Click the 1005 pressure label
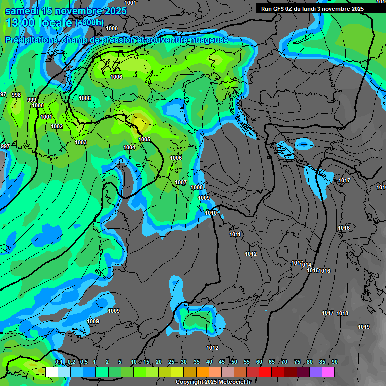point(145,139)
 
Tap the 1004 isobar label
point(129,147)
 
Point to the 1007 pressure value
point(181,182)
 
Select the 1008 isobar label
point(197,187)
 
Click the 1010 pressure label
point(211,213)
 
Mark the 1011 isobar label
point(235,235)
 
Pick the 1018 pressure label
point(342,313)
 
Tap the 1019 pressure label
point(364,327)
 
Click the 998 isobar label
point(16,95)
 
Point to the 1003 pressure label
point(81,142)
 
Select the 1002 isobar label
point(57,126)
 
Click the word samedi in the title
point(22,11)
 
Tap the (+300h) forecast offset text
point(89,23)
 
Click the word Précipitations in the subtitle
point(31,40)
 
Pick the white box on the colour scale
point(51,372)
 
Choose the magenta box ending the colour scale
point(328,372)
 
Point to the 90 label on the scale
point(334,362)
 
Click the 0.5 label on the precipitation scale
point(83,362)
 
